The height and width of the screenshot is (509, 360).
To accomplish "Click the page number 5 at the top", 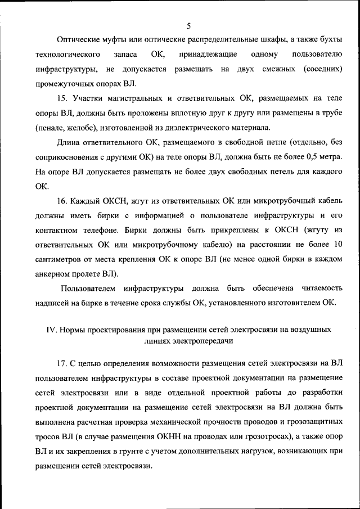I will [x=188, y=25].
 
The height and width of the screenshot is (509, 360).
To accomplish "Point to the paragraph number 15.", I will [x=62, y=98].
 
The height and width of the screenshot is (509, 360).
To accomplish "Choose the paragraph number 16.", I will [x=62, y=201].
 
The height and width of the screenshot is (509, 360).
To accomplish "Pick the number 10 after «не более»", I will [x=337, y=245].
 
